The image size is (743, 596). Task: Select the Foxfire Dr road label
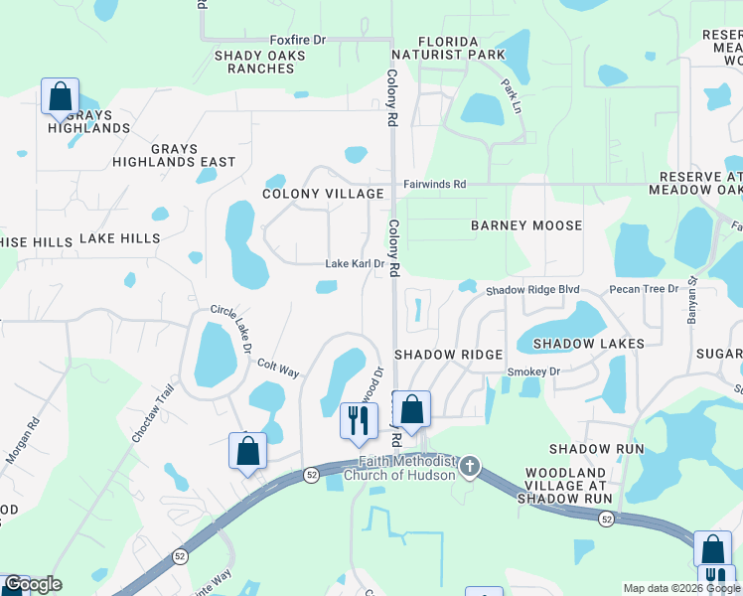tap(298, 40)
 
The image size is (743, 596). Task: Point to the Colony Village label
tap(323, 194)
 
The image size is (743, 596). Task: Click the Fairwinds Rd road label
tap(434, 184)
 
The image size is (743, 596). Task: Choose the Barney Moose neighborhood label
tap(526, 225)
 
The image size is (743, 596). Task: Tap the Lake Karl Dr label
tap(355, 264)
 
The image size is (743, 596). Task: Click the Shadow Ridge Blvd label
tap(531, 290)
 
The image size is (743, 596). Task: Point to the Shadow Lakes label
tap(588, 344)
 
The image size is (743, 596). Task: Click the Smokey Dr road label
tap(534, 372)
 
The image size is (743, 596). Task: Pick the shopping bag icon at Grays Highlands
tap(61, 97)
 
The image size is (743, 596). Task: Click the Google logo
tap(33, 584)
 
